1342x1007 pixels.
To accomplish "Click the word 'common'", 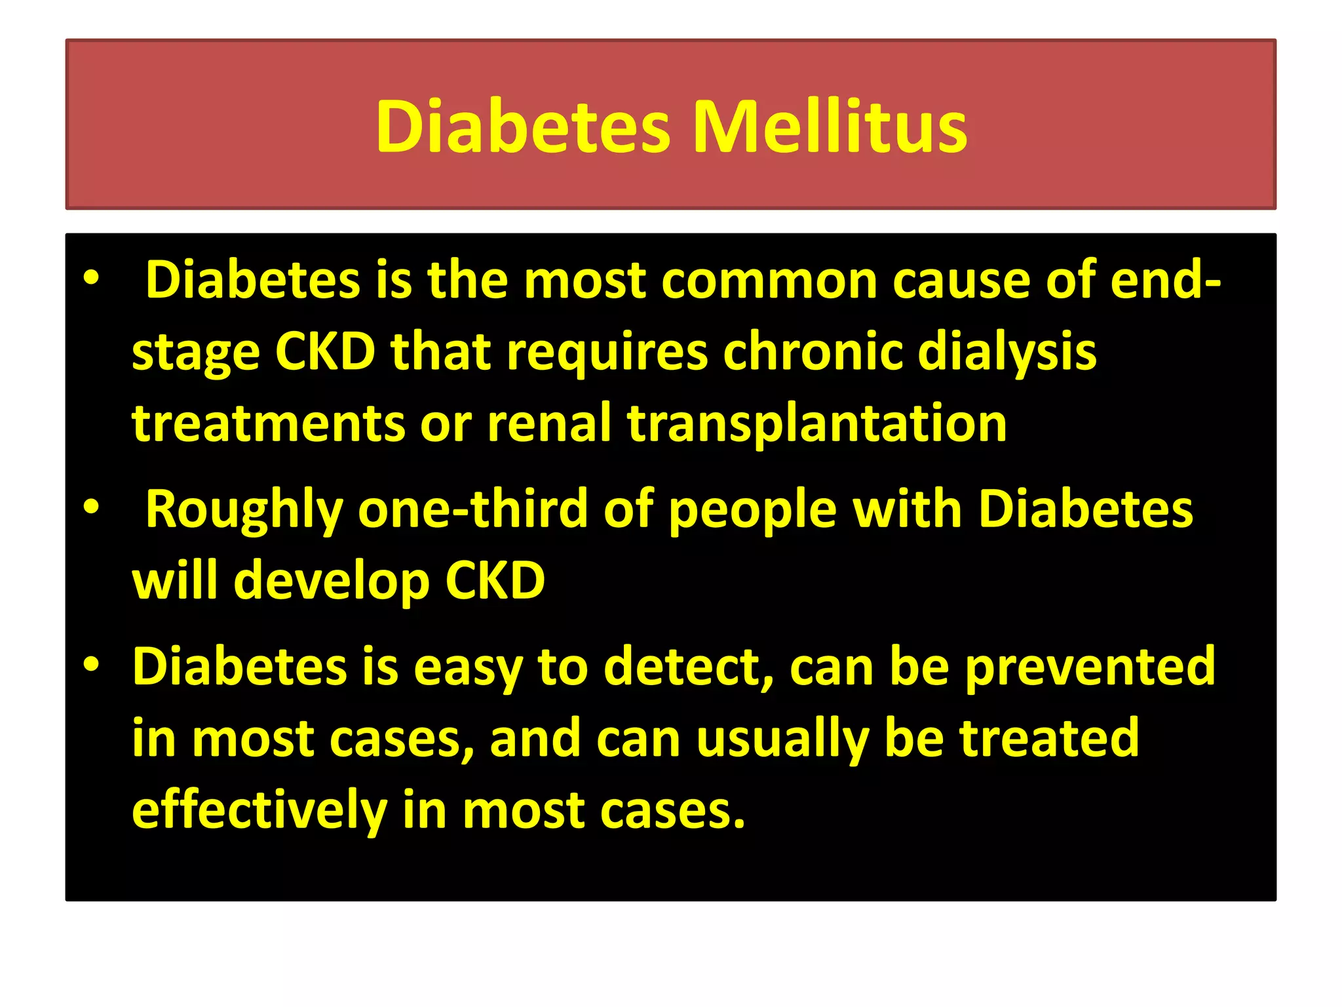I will (x=769, y=281).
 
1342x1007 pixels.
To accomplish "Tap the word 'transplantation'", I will (x=816, y=424).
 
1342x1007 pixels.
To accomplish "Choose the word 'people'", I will (x=753, y=510).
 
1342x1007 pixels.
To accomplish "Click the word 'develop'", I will (x=332, y=582).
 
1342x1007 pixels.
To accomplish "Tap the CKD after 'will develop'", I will (x=495, y=581).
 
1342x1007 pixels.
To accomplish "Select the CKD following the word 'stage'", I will (x=325, y=352).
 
